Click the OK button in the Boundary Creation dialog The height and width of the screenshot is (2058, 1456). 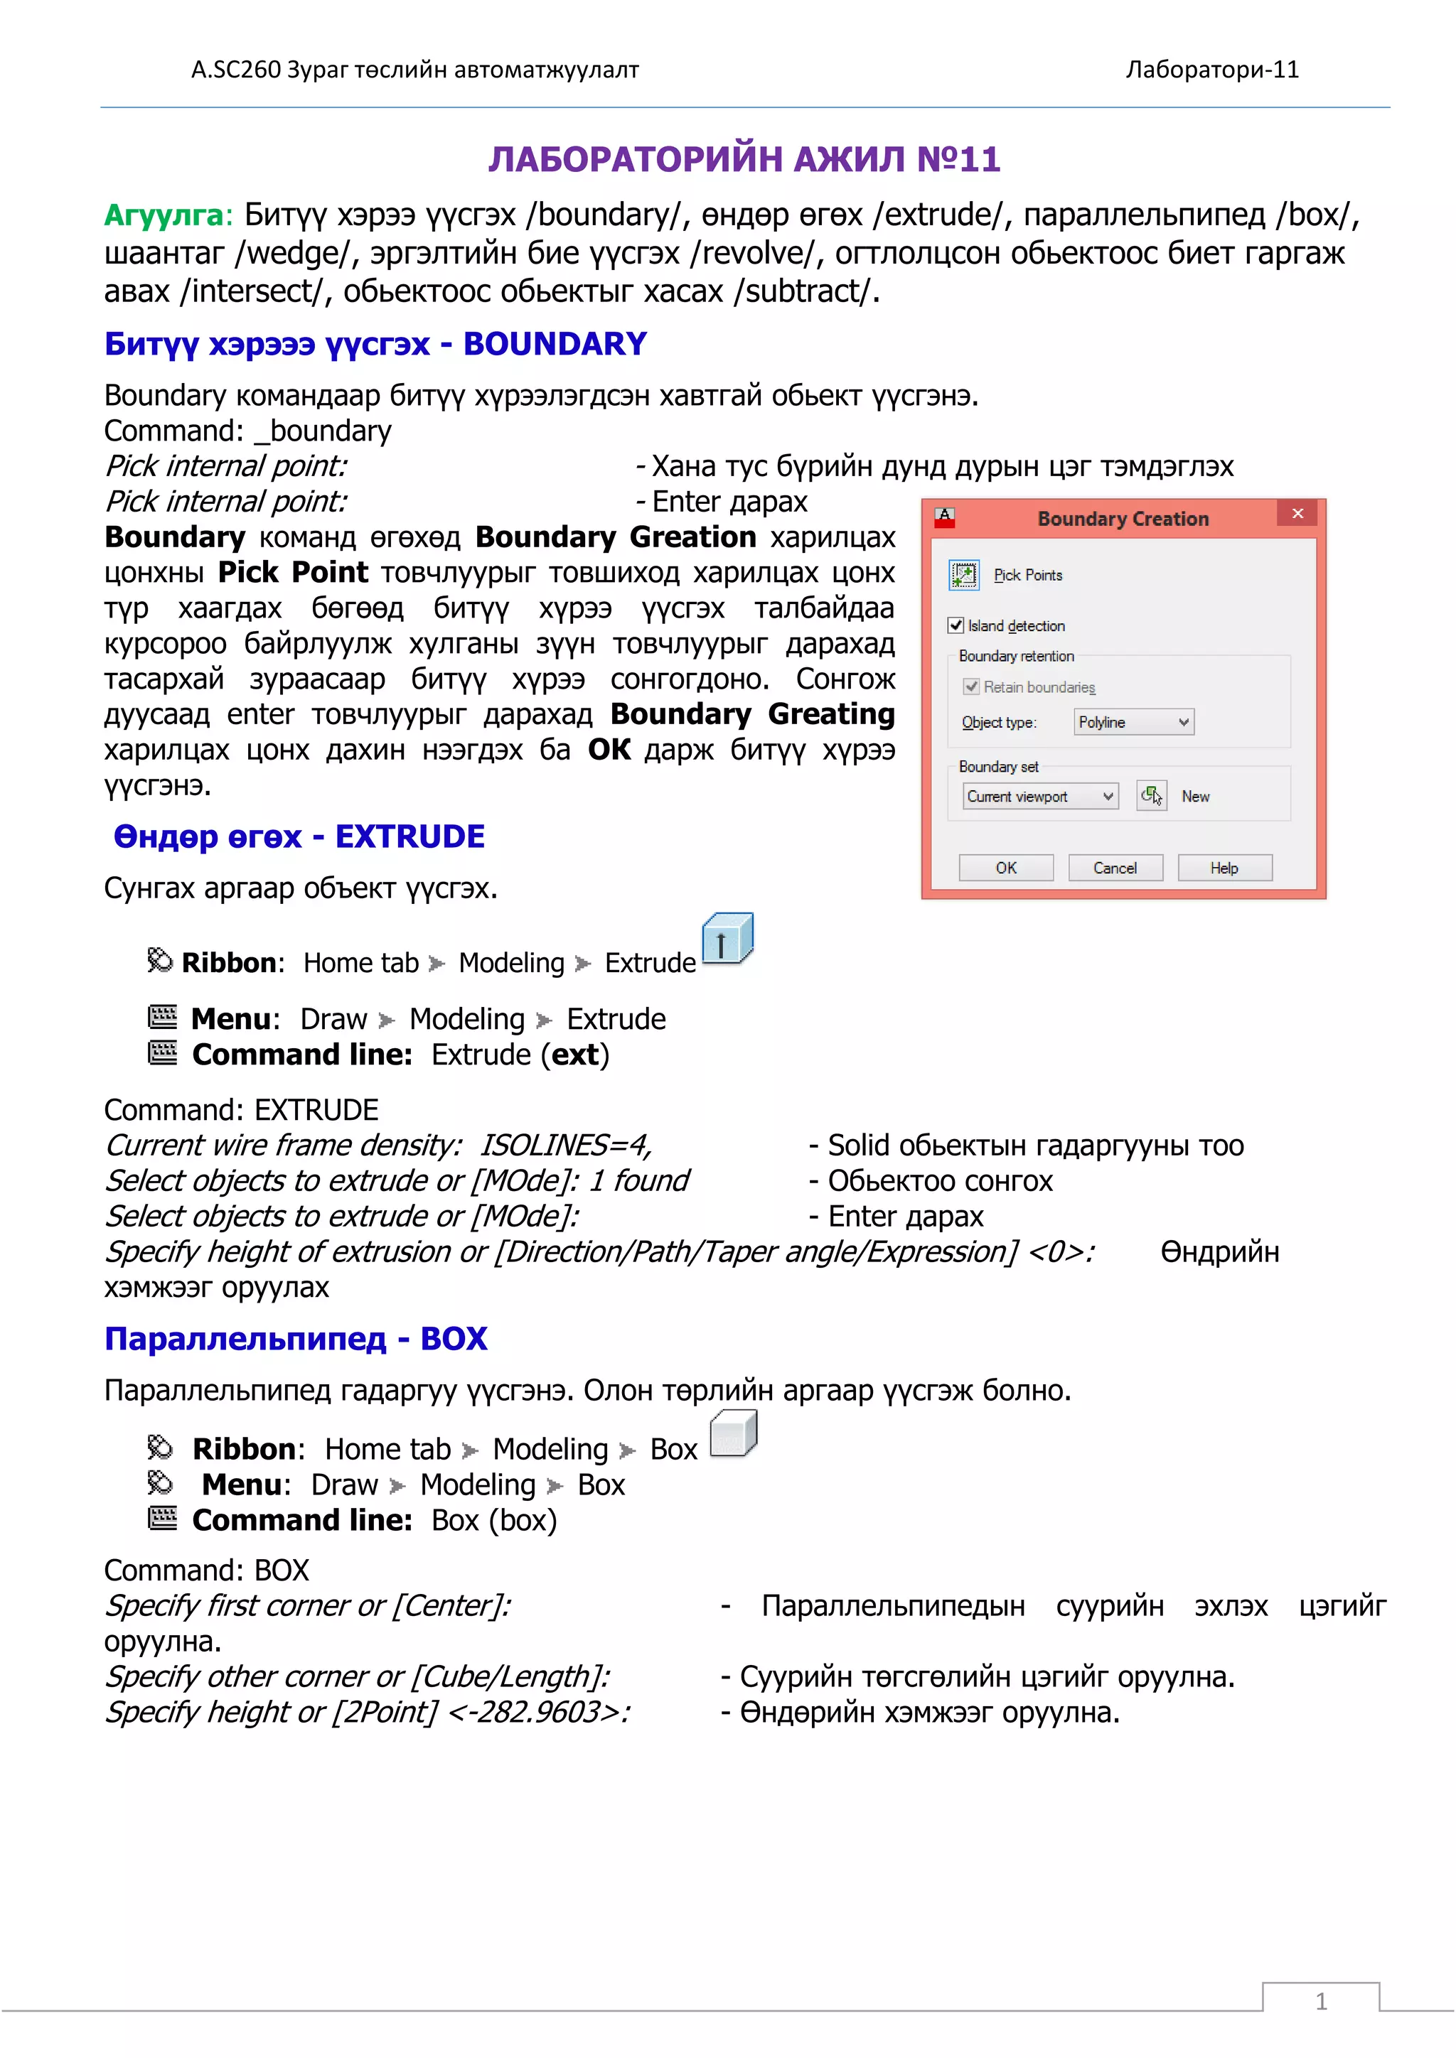(1006, 868)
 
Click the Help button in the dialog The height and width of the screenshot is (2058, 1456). (1224, 868)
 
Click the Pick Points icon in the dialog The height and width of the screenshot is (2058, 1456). (964, 575)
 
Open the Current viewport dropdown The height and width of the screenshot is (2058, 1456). (1041, 796)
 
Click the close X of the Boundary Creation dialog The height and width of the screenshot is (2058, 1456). (1297, 514)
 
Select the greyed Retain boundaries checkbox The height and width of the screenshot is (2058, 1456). (971, 686)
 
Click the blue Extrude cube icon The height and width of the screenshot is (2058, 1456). (727, 939)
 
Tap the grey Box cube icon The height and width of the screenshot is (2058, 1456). (734, 1433)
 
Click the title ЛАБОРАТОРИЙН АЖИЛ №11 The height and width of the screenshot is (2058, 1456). (744, 160)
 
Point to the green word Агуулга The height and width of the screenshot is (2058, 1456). (164, 216)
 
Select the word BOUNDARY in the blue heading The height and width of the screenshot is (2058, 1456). (555, 344)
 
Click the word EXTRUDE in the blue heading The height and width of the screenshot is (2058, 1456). (409, 837)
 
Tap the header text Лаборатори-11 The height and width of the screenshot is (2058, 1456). (1212, 70)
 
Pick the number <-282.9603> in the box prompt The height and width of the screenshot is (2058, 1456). (539, 1713)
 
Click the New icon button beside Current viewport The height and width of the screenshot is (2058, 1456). (1151, 796)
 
